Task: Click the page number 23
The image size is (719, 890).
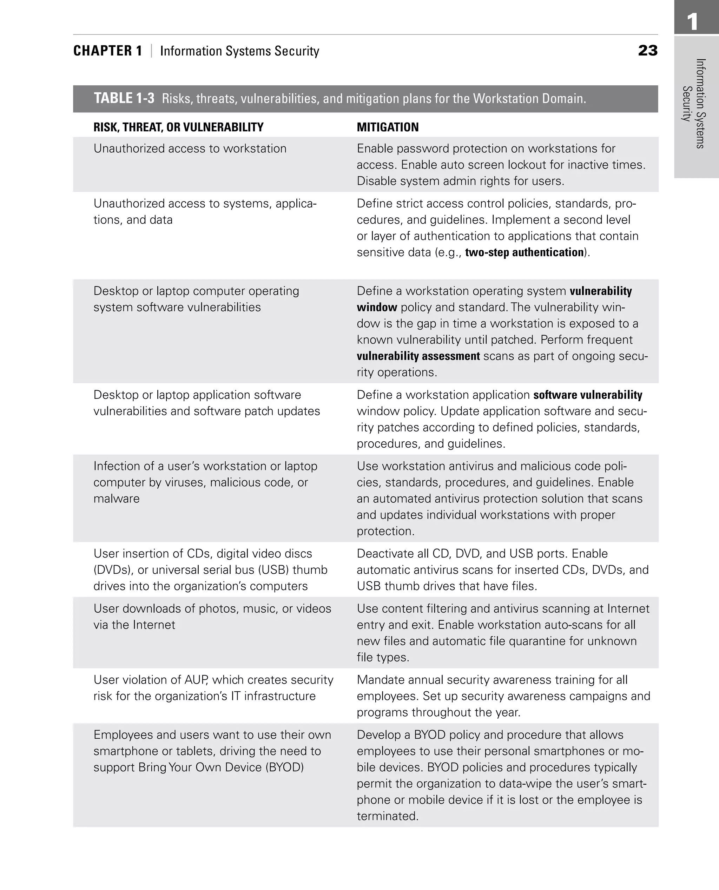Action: pyautogui.click(x=648, y=51)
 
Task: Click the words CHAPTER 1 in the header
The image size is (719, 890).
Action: pyautogui.click(x=108, y=51)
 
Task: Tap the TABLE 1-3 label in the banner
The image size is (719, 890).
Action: pyautogui.click(x=124, y=99)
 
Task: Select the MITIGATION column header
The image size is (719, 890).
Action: pyautogui.click(x=387, y=127)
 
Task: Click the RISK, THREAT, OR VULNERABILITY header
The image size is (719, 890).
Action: pyautogui.click(x=178, y=127)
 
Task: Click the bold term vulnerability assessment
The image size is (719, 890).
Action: pyautogui.click(x=418, y=356)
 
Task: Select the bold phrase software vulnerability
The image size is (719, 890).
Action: pyautogui.click(x=587, y=395)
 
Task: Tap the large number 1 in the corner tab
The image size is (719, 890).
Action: pyautogui.click(x=692, y=21)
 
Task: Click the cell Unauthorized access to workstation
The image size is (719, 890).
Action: pyautogui.click(x=190, y=149)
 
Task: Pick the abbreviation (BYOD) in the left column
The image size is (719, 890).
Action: pyautogui.click(x=285, y=767)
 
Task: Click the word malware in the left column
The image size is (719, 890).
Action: pyautogui.click(x=117, y=499)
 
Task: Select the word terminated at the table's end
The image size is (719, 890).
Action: pyautogui.click(x=387, y=816)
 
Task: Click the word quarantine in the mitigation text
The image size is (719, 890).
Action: pyautogui.click(x=537, y=641)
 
